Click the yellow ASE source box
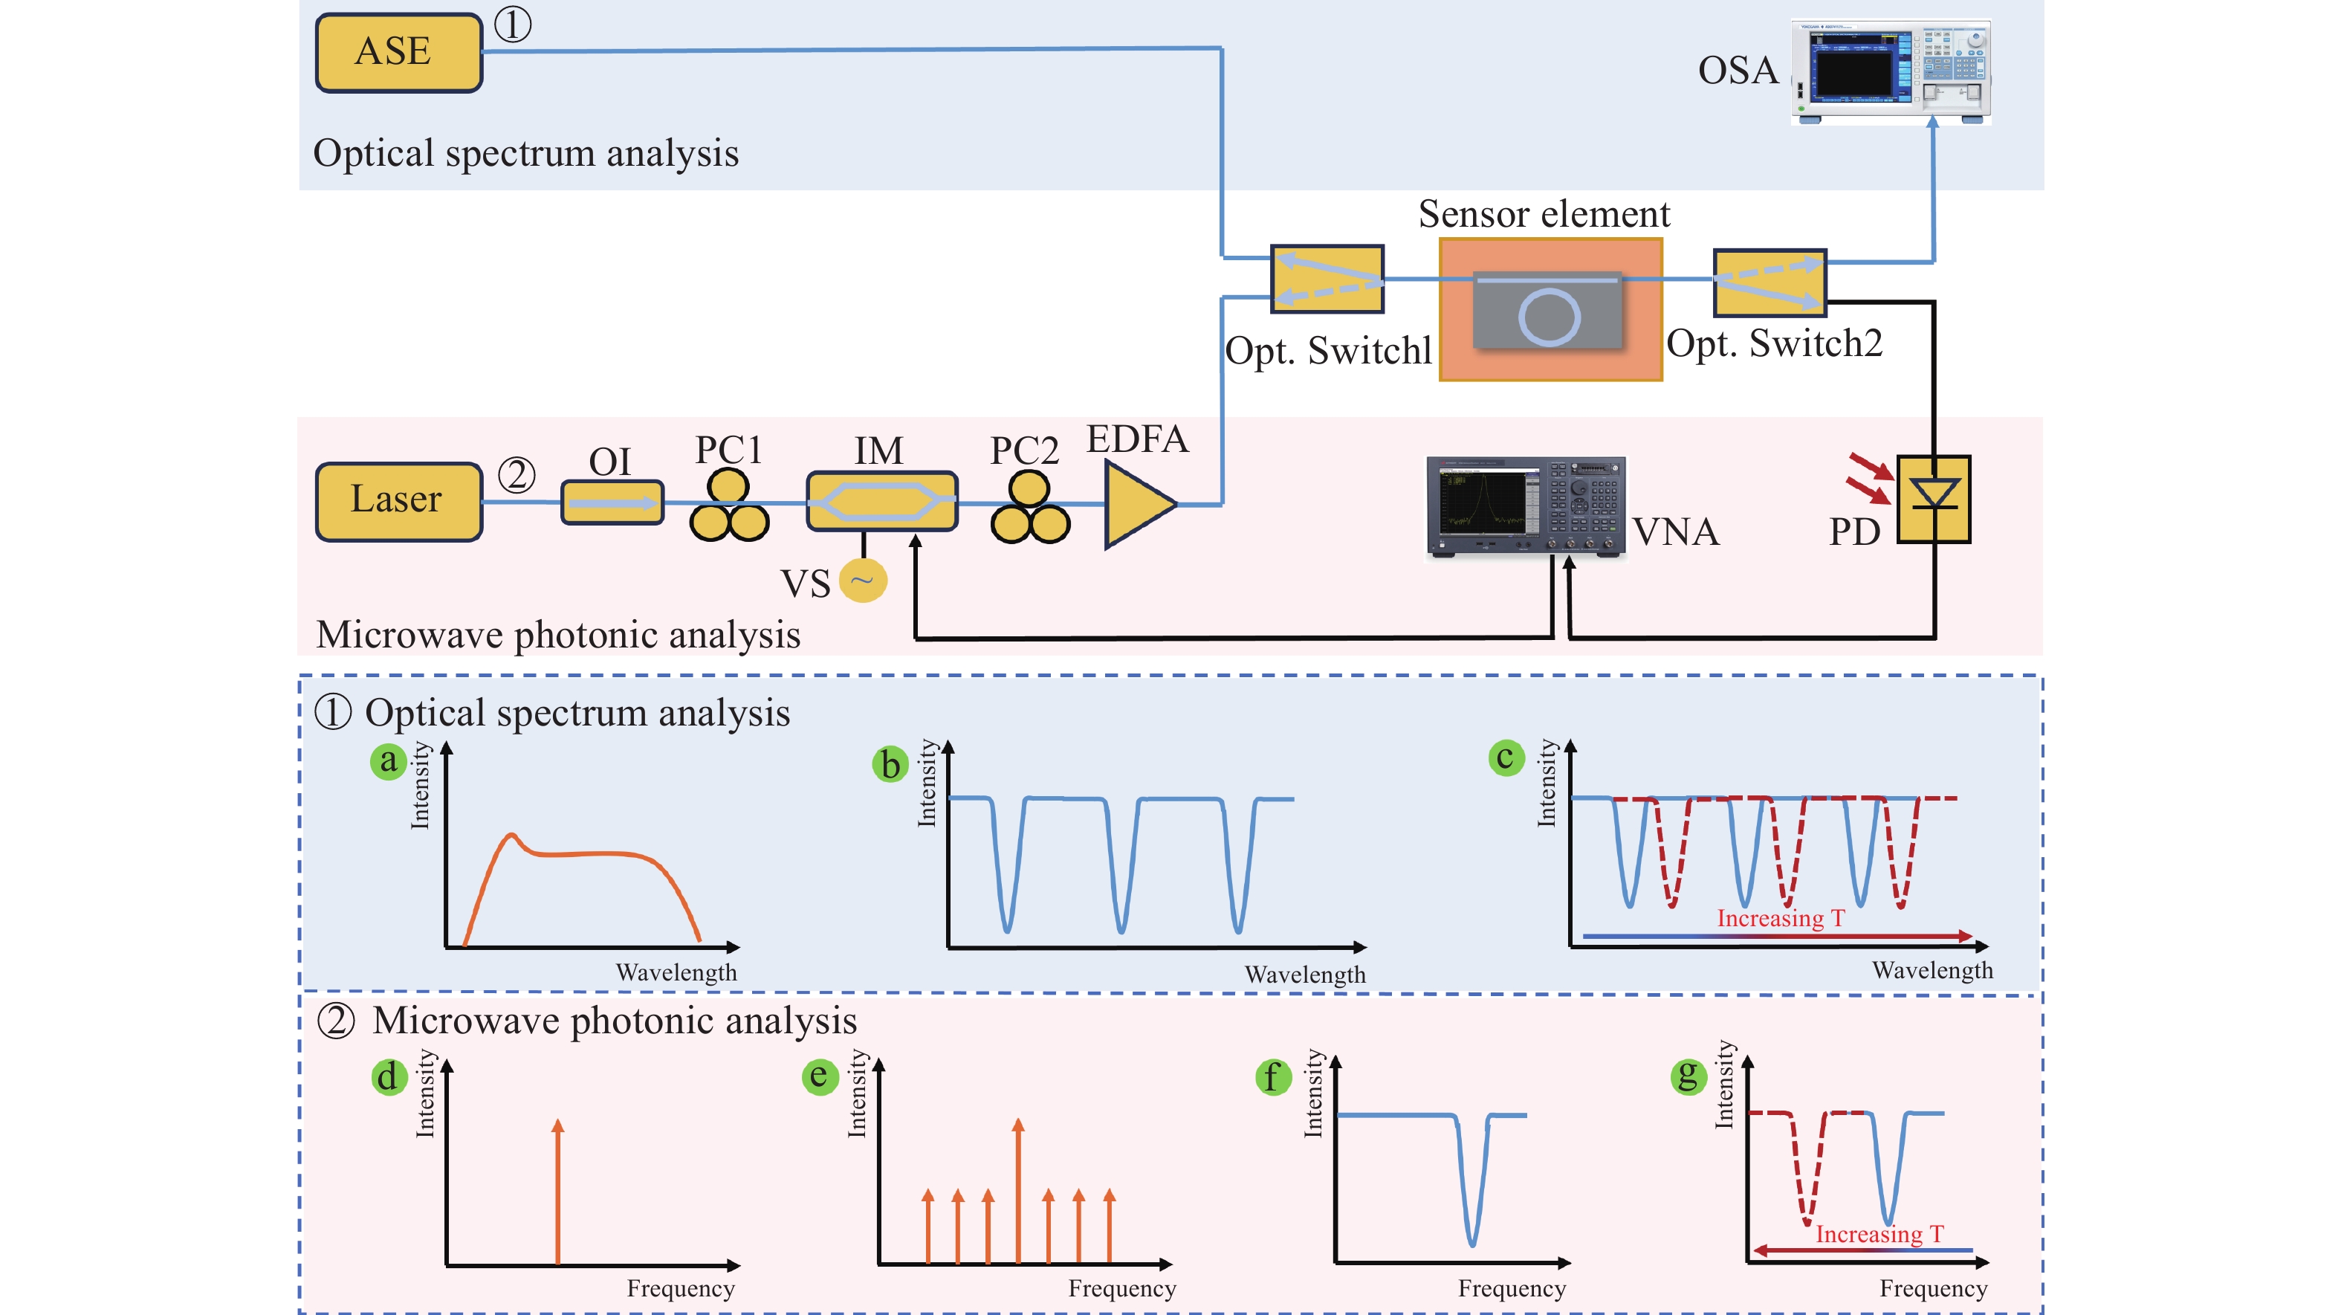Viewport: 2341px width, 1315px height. click(x=398, y=52)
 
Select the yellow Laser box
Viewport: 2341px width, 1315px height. click(x=398, y=501)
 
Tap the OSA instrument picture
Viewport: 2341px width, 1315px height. click(x=1890, y=71)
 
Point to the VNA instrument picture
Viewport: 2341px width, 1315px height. click(x=1525, y=505)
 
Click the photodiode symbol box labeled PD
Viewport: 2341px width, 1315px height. click(x=1934, y=499)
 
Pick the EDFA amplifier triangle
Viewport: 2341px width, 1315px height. click(x=1136, y=505)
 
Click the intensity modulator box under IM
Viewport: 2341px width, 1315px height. click(x=881, y=501)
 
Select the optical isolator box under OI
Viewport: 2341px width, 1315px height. click(x=612, y=503)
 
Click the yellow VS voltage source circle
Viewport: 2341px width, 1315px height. click(x=862, y=581)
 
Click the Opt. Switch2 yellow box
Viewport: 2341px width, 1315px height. click(x=1769, y=282)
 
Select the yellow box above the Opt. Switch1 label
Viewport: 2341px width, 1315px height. click(x=1327, y=279)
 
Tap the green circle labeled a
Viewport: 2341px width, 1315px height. click(x=388, y=760)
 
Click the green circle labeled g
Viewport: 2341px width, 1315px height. click(x=1688, y=1077)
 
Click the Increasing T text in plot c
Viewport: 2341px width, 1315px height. click(x=1779, y=919)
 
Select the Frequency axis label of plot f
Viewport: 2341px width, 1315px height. click(x=1512, y=1289)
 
